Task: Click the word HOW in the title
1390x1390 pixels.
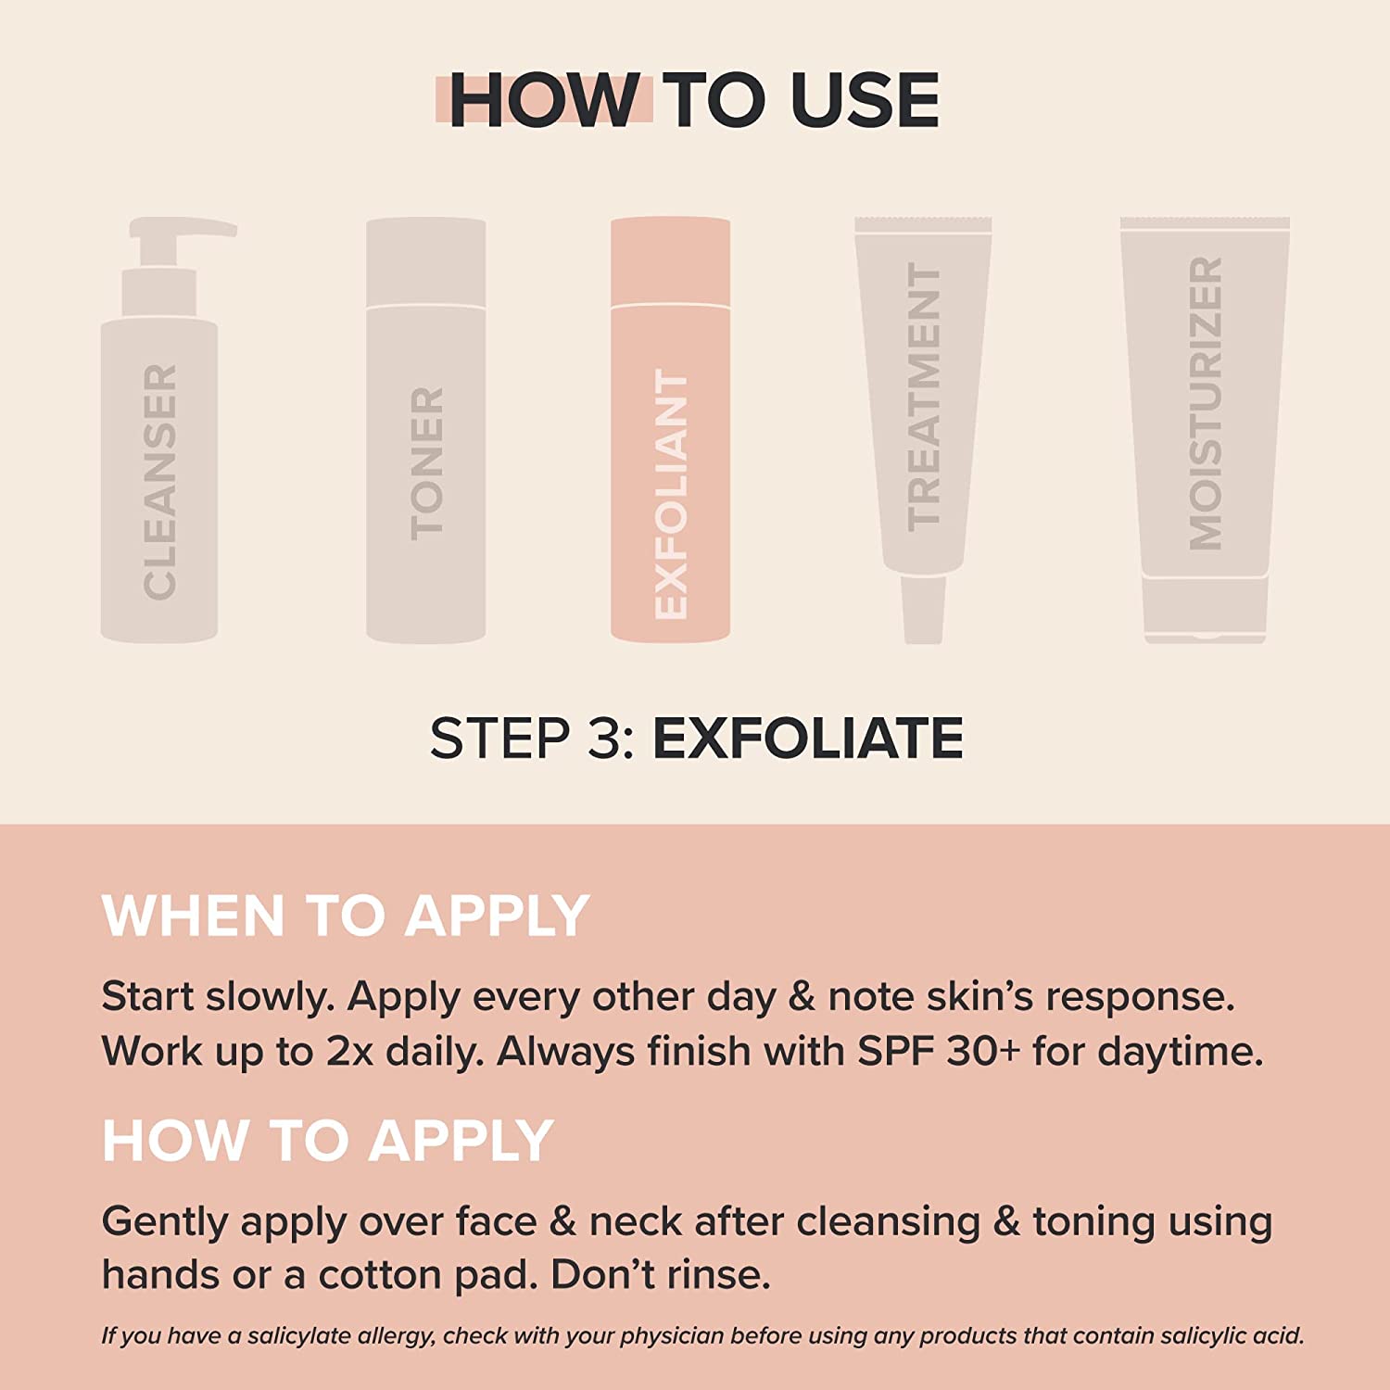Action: coord(543,100)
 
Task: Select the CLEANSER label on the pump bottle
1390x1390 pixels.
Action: coord(159,482)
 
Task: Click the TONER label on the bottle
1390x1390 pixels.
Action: coord(427,463)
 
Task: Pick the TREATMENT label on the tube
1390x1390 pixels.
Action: coord(924,397)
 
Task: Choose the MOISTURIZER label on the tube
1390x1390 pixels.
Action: coord(1206,404)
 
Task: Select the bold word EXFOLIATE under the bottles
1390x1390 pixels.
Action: coord(808,739)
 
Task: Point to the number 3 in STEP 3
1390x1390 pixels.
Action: coord(604,739)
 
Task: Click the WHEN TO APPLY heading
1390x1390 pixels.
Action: coord(345,916)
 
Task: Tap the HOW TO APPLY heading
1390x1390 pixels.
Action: coord(327,1141)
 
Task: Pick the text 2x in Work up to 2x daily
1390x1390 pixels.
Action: coord(349,1052)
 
